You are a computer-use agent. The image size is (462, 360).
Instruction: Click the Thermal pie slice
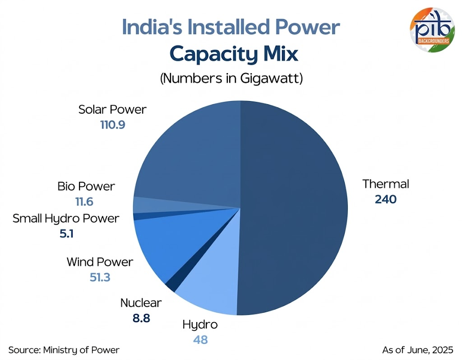pos(293,208)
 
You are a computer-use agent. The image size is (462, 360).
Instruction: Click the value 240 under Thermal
pos(385,199)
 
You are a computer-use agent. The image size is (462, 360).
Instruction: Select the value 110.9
pos(112,124)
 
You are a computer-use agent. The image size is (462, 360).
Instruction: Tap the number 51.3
pos(100,277)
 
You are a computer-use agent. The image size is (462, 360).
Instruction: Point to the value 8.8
pos(141,318)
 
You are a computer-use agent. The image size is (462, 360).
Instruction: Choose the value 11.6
pos(84,201)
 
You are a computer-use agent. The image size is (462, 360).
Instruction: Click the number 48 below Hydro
pos(200,339)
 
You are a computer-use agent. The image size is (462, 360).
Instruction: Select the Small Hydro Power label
pos(66,219)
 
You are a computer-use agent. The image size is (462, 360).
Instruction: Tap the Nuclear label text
pos(141,303)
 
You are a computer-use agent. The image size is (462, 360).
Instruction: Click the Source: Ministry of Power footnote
pos(64,350)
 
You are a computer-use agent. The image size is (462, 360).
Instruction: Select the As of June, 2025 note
pos(417,350)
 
